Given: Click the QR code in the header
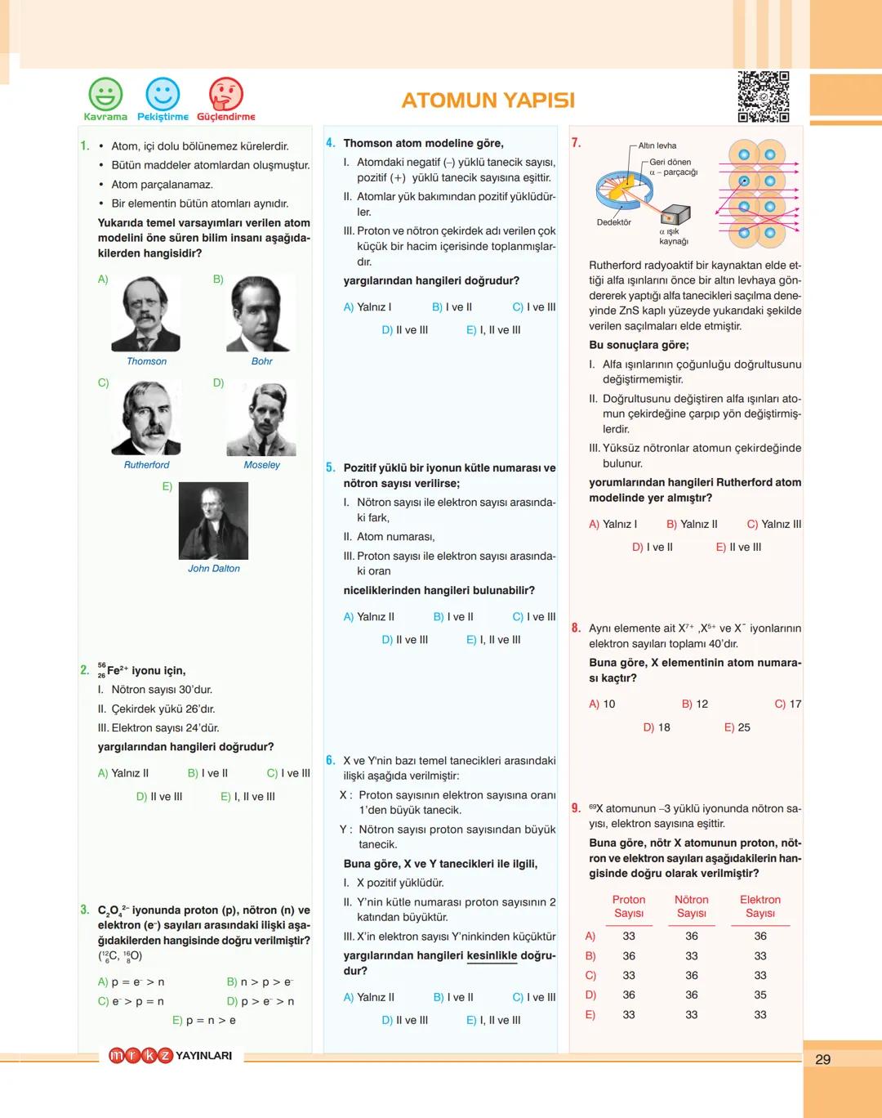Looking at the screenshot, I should click(764, 96).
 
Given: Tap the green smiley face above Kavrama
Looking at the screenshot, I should click(105, 94).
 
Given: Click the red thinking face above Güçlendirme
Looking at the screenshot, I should click(226, 94).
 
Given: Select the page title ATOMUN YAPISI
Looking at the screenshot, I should click(488, 101).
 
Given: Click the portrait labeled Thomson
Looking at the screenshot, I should click(146, 315).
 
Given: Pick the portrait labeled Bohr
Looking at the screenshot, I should click(261, 315).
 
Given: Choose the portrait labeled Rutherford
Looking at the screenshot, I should click(146, 418).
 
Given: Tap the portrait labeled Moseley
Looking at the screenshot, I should click(261, 418).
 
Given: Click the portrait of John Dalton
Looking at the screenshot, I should click(213, 521).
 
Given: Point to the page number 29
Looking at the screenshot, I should click(822, 1059).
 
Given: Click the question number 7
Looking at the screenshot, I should click(576, 143).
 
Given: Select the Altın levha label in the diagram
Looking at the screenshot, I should click(657, 145).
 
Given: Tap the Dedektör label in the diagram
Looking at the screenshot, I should click(613, 222).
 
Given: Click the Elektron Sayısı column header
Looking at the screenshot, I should click(759, 906).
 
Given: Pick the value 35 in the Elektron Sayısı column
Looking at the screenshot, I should click(760, 995).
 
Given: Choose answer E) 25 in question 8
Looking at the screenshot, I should click(737, 727).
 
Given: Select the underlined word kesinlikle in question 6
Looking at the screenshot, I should click(492, 955).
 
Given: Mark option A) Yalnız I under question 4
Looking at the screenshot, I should click(367, 307).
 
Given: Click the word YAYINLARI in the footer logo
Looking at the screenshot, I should click(204, 1056).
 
